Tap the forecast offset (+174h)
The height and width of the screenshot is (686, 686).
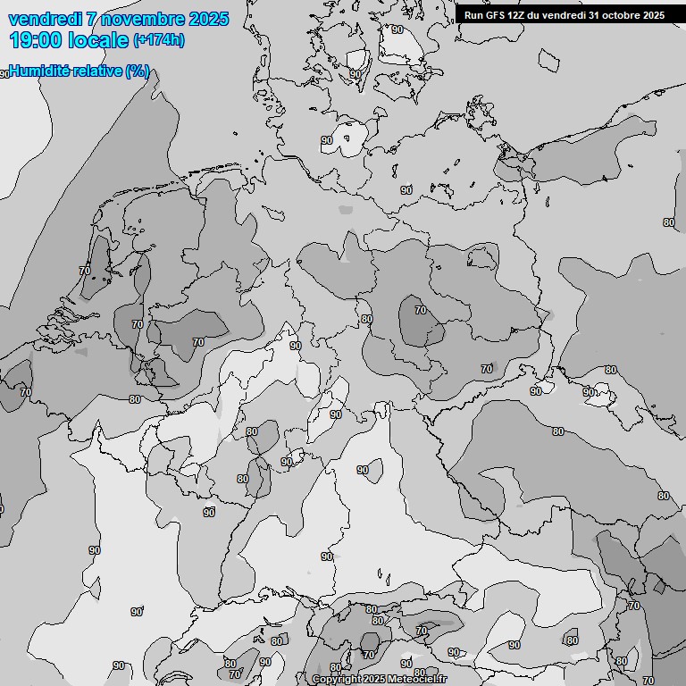159,40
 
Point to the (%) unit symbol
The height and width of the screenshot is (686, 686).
138,71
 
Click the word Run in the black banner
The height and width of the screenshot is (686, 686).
473,15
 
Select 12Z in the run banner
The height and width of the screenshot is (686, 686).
517,15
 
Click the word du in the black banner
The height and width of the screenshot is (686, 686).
536,15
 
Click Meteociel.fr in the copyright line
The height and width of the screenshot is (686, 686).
418,680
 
